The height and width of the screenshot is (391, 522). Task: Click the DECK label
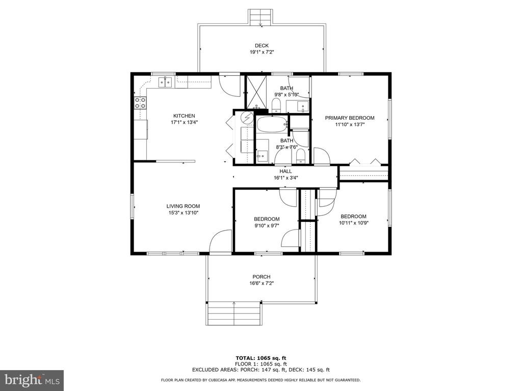[x=262, y=45]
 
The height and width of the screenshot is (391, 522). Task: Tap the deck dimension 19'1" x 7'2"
[x=262, y=52]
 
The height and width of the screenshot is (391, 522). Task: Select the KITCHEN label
[x=184, y=116]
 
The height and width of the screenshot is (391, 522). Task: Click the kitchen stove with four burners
[x=140, y=103]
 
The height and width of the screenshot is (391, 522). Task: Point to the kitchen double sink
[x=165, y=81]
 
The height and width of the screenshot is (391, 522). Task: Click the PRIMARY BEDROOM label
[x=350, y=118]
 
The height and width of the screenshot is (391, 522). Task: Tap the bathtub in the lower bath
[x=272, y=125]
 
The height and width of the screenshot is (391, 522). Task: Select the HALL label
[x=285, y=171]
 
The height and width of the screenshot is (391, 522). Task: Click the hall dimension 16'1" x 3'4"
[x=285, y=178]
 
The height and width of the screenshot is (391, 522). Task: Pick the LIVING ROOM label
[x=183, y=206]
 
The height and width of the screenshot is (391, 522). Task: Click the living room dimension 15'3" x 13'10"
[x=183, y=212]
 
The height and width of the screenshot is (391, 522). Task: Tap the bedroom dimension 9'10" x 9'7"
[x=267, y=226]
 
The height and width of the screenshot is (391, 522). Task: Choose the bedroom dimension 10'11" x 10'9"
[x=354, y=223]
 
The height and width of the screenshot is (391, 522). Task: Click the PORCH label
[x=262, y=276]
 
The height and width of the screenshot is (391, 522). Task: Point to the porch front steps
[x=234, y=314]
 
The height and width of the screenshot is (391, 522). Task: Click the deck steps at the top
[x=260, y=17]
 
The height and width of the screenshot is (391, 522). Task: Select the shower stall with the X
[x=256, y=92]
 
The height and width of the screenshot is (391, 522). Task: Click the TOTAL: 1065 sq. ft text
[x=261, y=358]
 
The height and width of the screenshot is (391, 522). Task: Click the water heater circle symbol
[x=247, y=118]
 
